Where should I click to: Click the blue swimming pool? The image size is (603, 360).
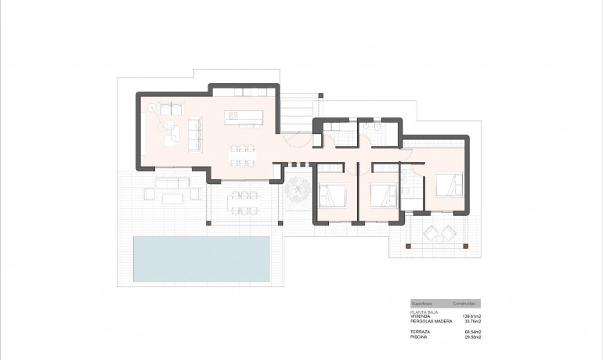[x=201, y=258]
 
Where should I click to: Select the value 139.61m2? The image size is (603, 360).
[x=468, y=315]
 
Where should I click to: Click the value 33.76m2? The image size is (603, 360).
[x=469, y=321]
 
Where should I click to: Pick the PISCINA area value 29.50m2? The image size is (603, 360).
[x=469, y=337]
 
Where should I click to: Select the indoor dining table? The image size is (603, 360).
[x=242, y=155]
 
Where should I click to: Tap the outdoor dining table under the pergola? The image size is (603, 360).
[x=242, y=201]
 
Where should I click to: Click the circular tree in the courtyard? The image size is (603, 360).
[x=298, y=189]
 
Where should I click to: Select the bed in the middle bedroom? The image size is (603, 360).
[x=381, y=193]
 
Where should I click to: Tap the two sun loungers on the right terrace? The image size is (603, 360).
[x=438, y=232]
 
